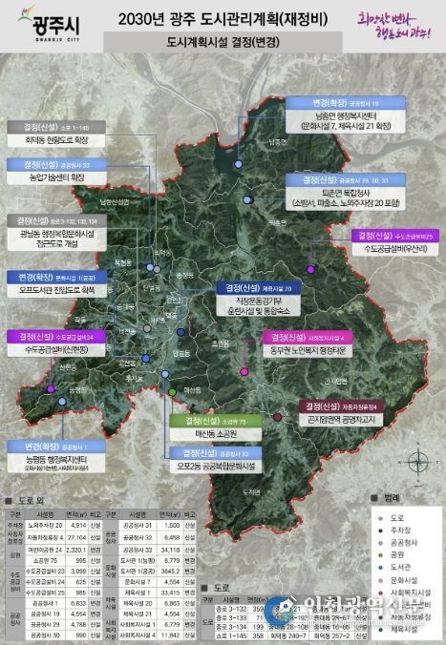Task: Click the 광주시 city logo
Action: [40, 21]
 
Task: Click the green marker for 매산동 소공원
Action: [172, 391]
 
